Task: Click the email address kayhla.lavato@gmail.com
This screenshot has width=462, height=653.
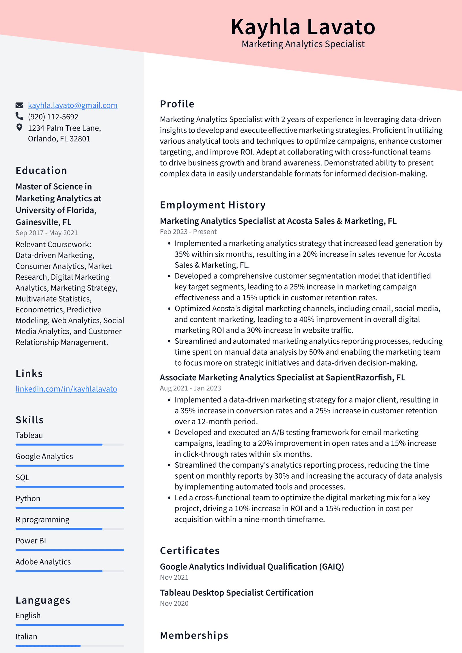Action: click(x=72, y=105)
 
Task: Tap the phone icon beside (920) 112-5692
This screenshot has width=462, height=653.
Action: click(x=19, y=116)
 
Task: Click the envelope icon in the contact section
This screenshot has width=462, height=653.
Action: click(x=19, y=105)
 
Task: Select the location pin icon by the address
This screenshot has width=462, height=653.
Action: click(x=19, y=128)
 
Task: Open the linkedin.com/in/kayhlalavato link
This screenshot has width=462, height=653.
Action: click(x=66, y=389)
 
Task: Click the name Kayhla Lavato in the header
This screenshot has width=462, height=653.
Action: click(x=303, y=27)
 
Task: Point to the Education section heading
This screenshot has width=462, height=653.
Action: click(x=41, y=171)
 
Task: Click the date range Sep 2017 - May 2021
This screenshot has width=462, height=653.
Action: click(x=46, y=233)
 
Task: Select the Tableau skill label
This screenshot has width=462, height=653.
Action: click(x=29, y=435)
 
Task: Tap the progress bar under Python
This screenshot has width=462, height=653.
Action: click(x=70, y=508)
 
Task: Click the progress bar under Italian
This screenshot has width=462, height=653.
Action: click(x=70, y=646)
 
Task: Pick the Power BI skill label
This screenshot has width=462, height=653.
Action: click(x=31, y=541)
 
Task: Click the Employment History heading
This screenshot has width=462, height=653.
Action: click(x=213, y=205)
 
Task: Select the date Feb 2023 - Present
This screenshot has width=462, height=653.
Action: click(x=188, y=232)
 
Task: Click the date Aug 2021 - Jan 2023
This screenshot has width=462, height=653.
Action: click(x=190, y=388)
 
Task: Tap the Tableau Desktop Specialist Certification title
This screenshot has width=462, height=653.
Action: click(x=236, y=593)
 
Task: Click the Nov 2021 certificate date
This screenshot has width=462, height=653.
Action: click(x=174, y=577)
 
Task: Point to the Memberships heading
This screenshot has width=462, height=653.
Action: click(x=194, y=635)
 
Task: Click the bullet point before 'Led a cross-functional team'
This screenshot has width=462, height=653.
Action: click(x=169, y=498)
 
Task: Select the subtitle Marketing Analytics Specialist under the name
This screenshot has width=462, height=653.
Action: click(x=303, y=44)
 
